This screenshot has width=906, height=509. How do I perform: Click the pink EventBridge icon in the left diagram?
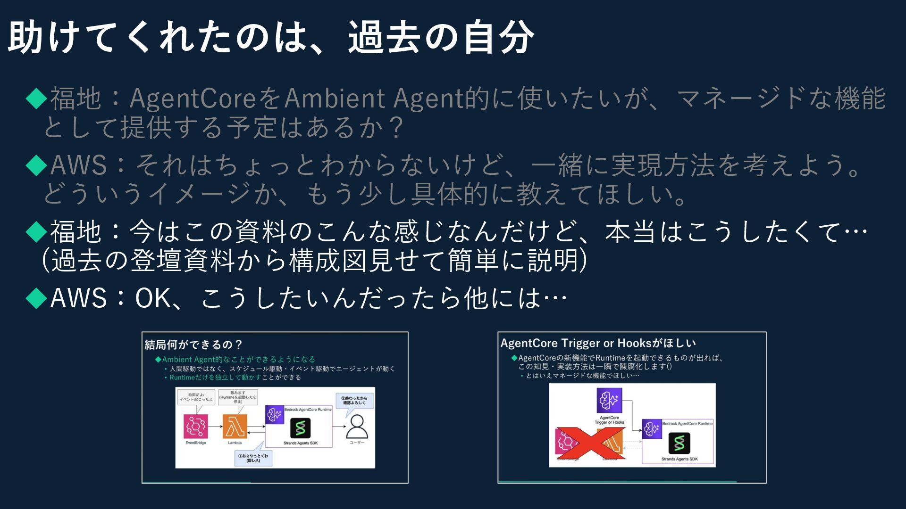click(x=195, y=427)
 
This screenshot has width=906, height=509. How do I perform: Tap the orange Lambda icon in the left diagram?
click(x=235, y=427)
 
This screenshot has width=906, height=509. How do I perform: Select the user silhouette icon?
click(x=357, y=427)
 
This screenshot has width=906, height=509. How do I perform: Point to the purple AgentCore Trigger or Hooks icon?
click(x=609, y=401)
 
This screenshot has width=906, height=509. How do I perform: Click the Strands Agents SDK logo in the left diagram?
click(x=301, y=428)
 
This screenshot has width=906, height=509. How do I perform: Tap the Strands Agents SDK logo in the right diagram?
click(x=679, y=443)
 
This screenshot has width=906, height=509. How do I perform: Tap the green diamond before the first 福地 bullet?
click(x=36, y=99)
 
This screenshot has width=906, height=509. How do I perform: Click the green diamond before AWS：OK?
click(x=36, y=298)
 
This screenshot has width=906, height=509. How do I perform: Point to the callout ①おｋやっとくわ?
click(x=253, y=458)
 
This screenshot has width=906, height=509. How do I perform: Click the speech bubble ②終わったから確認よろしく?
click(x=354, y=401)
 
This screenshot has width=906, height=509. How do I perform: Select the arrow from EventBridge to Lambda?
click(x=215, y=427)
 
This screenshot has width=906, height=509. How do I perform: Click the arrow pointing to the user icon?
click(x=339, y=427)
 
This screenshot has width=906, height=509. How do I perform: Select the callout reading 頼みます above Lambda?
click(x=238, y=397)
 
